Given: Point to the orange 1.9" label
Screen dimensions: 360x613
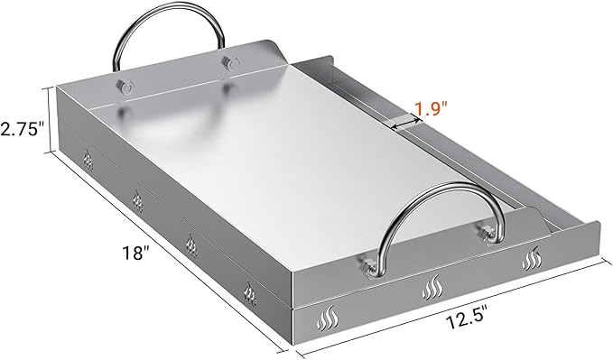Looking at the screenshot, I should (x=431, y=110).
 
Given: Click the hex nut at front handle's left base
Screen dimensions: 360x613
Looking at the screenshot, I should (x=367, y=267).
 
